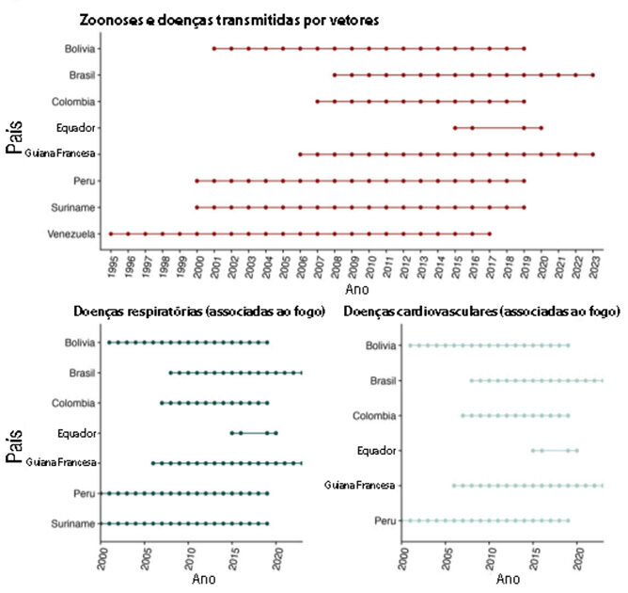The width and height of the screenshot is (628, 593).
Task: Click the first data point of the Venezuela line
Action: (111, 233)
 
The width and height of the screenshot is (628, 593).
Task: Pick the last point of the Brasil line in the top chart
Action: (592, 74)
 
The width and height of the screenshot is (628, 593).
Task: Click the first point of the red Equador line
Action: (455, 127)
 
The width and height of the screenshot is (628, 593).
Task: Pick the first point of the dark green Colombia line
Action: (162, 403)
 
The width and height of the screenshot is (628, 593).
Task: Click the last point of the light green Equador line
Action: (576, 450)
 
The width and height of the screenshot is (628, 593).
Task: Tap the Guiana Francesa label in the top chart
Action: (64, 153)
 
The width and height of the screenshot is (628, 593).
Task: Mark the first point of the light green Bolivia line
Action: (410, 345)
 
